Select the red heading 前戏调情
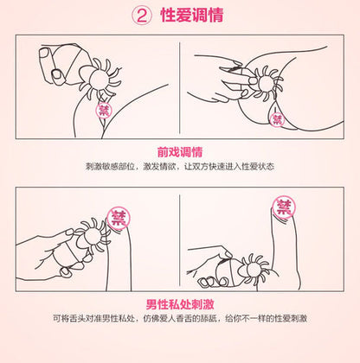pos(180,151)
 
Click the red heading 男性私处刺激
pos(180,303)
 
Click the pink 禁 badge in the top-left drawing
pos(105,111)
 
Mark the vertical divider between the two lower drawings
pos(180,242)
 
